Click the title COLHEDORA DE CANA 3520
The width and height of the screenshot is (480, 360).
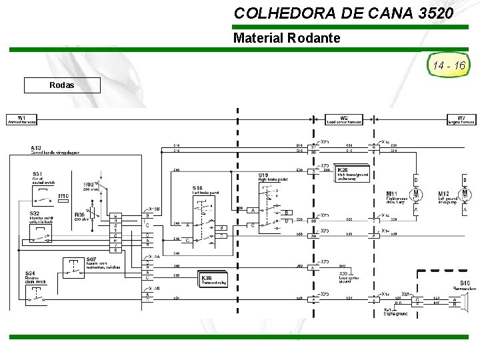click(x=344, y=13)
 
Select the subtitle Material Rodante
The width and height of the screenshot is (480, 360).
click(x=287, y=38)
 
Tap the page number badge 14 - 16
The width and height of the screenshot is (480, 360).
click(x=449, y=65)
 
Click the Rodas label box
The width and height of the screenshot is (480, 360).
click(x=62, y=85)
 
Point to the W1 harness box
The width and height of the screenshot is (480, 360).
click(x=22, y=120)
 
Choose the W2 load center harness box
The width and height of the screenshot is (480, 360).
click(x=344, y=120)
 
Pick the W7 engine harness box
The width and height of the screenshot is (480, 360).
click(x=461, y=120)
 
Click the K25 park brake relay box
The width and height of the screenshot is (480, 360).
click(x=354, y=173)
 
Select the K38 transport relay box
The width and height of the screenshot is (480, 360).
click(x=214, y=280)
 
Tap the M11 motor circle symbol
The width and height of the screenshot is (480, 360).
click(x=417, y=193)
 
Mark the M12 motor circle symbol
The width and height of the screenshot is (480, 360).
click(x=465, y=193)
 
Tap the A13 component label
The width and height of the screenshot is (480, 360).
click(x=36, y=147)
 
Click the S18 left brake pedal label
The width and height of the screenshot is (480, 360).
click(x=198, y=188)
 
